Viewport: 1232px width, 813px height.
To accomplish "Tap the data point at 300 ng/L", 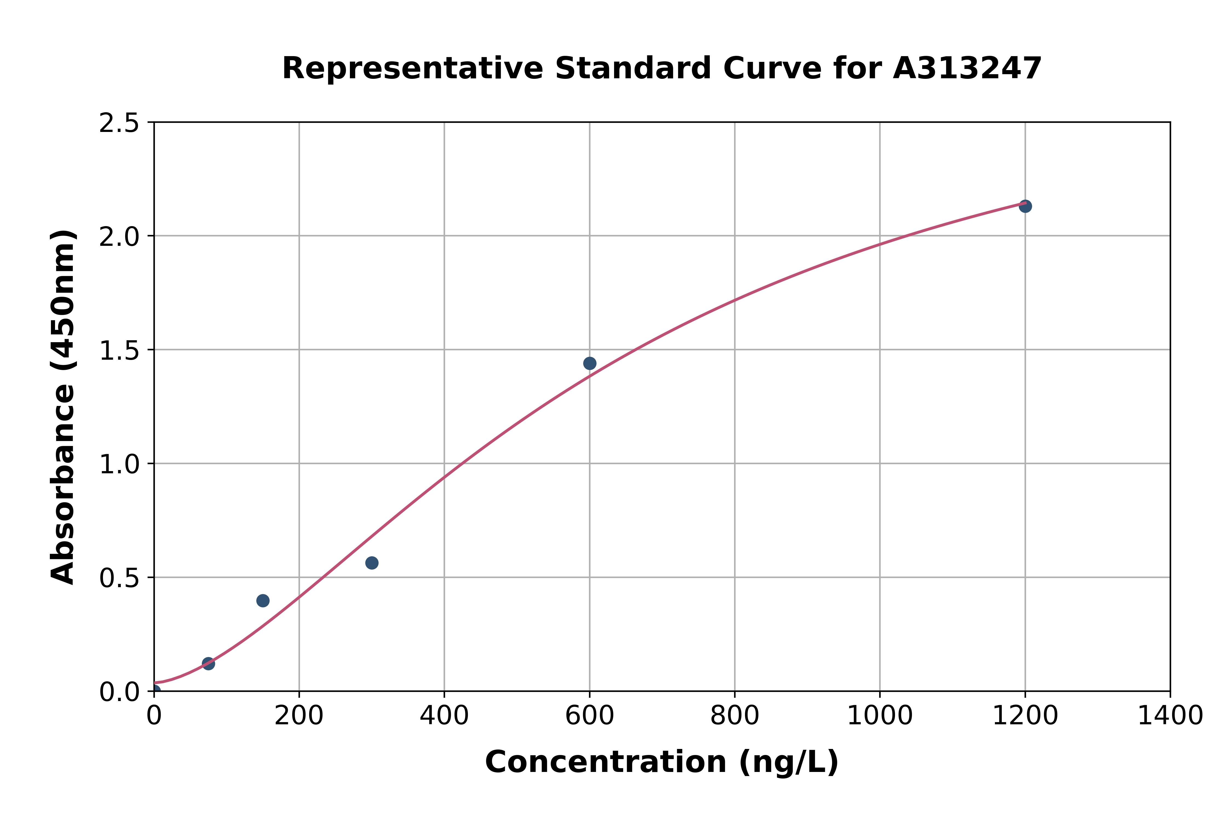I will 372,563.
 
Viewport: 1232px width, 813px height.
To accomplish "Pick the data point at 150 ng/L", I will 263,600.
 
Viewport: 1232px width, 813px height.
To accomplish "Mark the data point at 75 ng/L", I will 208,663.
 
